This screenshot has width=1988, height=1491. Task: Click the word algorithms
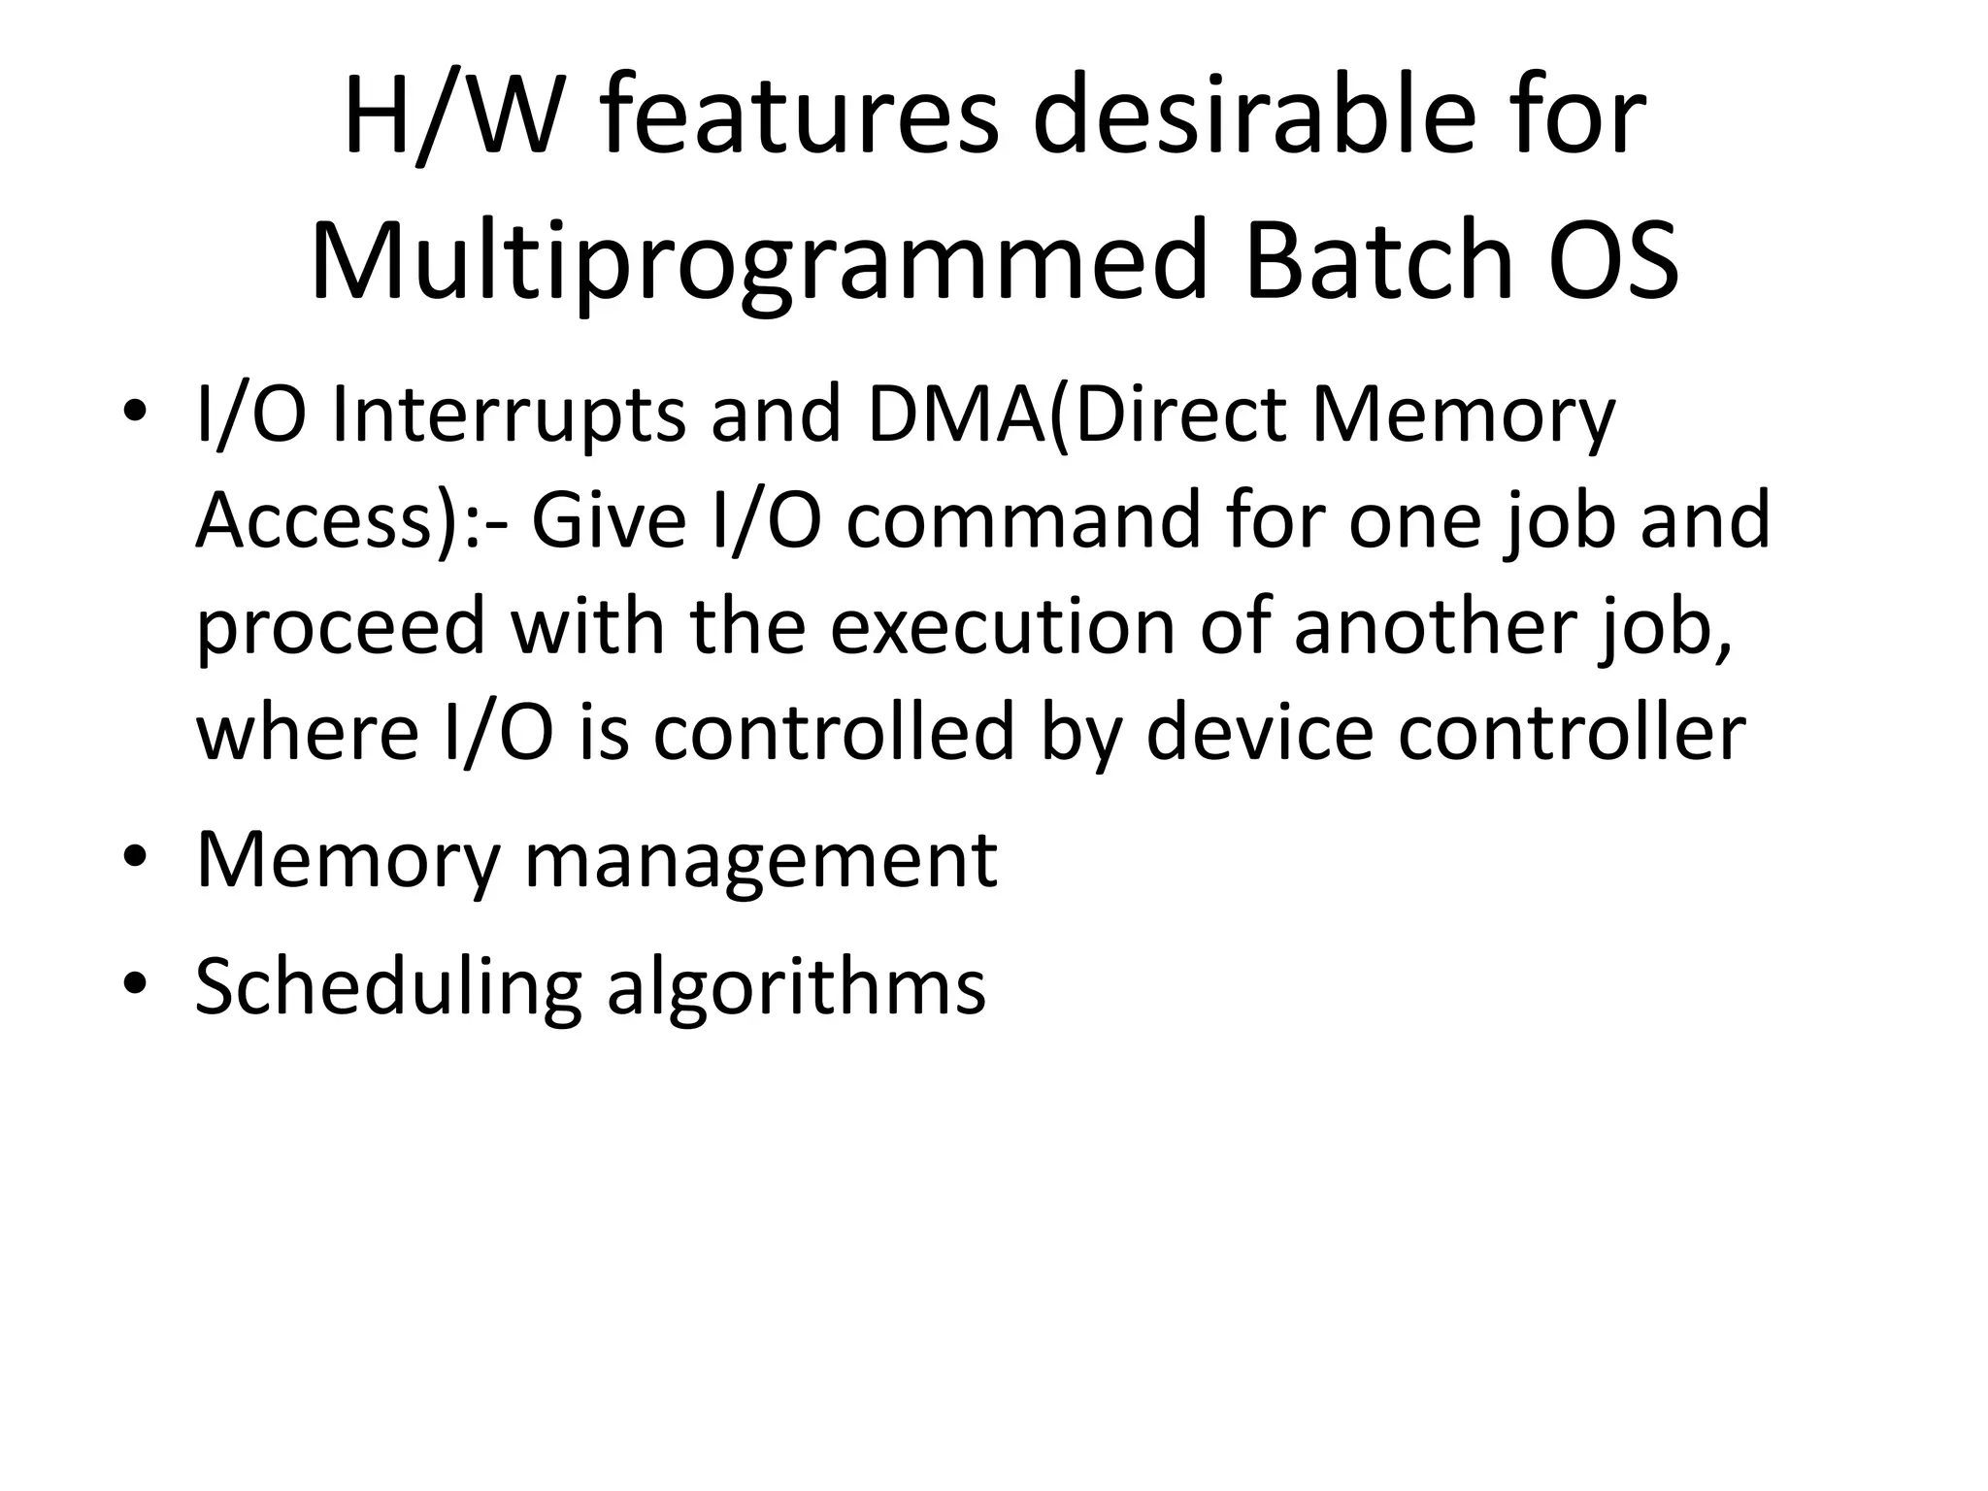point(796,988)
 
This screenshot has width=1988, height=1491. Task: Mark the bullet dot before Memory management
point(135,857)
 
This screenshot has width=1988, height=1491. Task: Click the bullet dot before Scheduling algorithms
point(135,983)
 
